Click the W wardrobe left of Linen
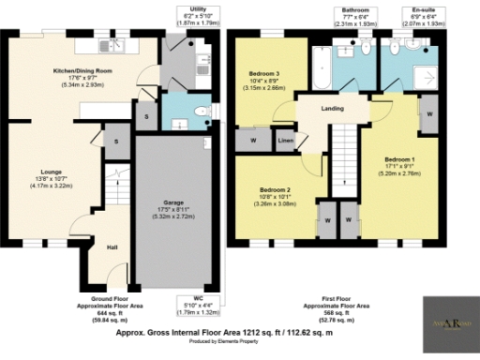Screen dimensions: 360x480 pyautogui.click(x=253, y=140)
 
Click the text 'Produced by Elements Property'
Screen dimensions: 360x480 pyautogui.click(x=239, y=341)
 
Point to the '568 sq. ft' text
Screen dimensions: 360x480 pyautogui.click(x=348, y=312)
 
